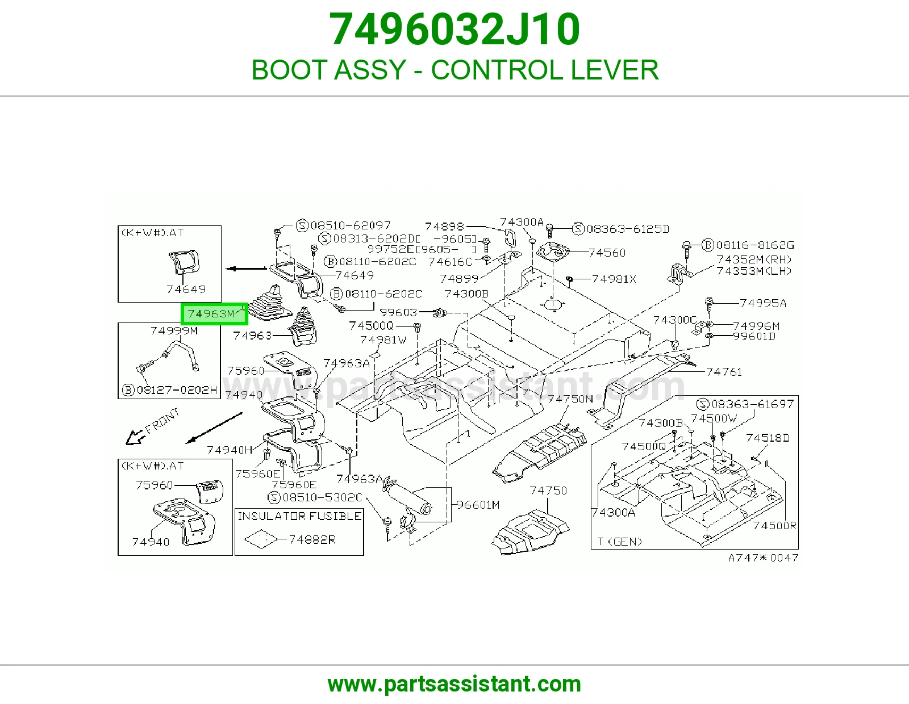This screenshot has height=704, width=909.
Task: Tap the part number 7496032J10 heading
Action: (x=454, y=29)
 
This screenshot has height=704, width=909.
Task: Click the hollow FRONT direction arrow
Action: (x=135, y=437)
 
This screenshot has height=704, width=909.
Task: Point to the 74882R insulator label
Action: (x=312, y=540)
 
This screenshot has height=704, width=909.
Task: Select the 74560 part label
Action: (x=607, y=253)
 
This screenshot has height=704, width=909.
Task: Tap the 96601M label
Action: (x=478, y=505)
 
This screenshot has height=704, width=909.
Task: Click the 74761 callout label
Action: (x=724, y=372)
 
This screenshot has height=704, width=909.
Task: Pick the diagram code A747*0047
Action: (x=763, y=558)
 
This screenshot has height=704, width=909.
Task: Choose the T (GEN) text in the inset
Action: (x=619, y=542)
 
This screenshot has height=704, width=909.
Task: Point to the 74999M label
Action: (x=174, y=330)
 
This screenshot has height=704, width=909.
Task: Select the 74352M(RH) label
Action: (x=754, y=259)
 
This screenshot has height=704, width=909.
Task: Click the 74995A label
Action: (x=763, y=303)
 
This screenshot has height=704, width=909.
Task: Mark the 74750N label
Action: (x=570, y=399)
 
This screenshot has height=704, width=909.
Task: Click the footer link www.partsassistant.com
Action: (x=454, y=684)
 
